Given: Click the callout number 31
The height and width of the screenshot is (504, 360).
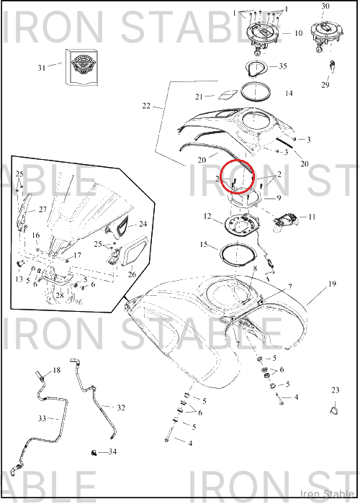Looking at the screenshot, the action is [x=42, y=68].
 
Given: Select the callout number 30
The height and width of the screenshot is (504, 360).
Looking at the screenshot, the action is [x=325, y=6].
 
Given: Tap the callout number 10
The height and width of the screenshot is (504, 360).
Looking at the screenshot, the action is [x=298, y=33].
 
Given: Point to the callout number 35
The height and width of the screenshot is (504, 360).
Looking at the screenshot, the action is [x=282, y=66].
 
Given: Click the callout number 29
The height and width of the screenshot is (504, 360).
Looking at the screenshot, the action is [x=325, y=85].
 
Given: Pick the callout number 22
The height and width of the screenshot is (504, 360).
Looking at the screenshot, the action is [x=146, y=106].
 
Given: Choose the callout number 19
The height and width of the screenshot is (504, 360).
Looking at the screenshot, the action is [x=332, y=284].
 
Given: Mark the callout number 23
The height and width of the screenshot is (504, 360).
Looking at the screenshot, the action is [x=336, y=390].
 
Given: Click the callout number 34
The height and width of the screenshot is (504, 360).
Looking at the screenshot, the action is [x=112, y=452].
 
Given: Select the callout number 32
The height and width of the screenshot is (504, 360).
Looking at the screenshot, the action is [x=121, y=408].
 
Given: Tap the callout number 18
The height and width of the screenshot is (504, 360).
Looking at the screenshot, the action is [x=57, y=370].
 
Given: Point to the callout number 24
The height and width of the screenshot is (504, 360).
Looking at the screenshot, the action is [x=143, y=224].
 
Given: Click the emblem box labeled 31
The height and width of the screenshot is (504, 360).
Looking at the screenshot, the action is [x=81, y=68].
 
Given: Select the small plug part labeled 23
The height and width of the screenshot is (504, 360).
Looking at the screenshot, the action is [x=335, y=410].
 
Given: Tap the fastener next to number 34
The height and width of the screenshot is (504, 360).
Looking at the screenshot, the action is [x=94, y=453].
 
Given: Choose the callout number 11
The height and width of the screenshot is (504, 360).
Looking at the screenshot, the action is [x=312, y=217].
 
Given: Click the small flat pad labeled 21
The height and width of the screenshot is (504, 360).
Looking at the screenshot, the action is [x=228, y=95].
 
